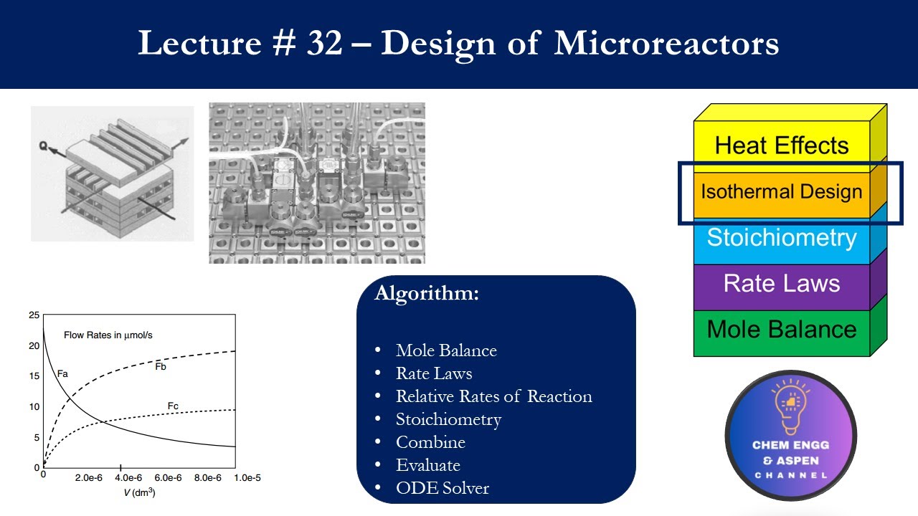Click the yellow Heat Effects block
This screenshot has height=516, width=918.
tap(781, 145)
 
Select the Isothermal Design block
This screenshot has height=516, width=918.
tap(781, 192)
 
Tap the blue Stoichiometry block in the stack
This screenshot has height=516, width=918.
tap(781, 238)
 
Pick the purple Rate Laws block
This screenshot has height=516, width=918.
tap(781, 284)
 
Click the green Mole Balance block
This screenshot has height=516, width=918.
tap(781, 330)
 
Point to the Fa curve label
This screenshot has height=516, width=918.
tap(62, 373)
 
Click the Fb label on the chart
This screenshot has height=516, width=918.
tap(161, 367)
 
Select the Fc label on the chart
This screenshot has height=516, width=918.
tap(173, 406)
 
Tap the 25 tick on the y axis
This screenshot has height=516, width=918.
tap(34, 315)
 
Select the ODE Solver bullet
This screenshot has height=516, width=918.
tap(442, 488)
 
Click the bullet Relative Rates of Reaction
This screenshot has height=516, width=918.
tap(493, 396)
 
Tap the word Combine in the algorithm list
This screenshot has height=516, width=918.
tap(430, 442)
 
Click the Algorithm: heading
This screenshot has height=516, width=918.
tap(426, 294)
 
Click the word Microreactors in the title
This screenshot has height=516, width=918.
tap(666, 44)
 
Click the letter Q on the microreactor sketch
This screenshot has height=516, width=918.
tap(44, 145)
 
